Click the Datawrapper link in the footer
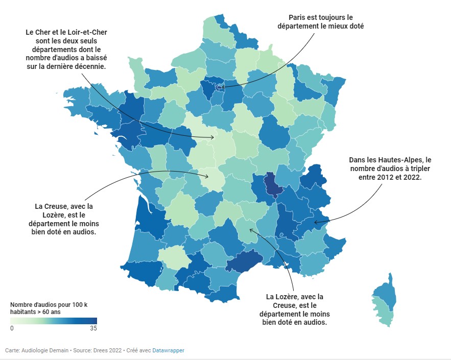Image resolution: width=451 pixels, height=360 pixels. point(168,350)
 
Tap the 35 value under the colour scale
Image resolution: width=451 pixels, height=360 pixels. point(93,328)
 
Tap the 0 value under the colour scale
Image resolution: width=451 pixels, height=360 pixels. point(12,328)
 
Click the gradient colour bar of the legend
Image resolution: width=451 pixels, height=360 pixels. point(54,321)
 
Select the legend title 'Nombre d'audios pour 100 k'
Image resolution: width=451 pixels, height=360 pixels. point(49,304)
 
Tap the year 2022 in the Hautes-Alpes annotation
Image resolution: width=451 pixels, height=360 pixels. point(411,177)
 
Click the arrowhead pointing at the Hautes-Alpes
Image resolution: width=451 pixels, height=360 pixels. point(315,222)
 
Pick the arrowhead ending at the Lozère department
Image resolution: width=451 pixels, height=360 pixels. point(251,229)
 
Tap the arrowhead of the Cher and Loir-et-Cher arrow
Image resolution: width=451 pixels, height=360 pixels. point(214,137)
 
